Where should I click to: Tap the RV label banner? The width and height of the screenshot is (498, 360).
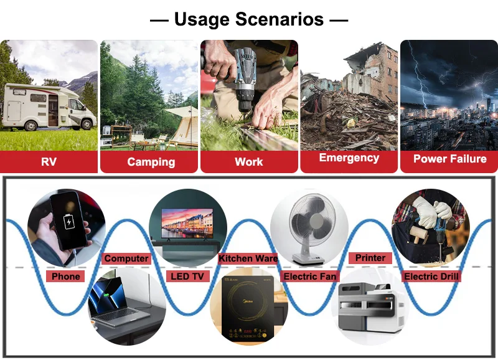pos(49,162)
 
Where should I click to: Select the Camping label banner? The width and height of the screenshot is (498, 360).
pos(149,162)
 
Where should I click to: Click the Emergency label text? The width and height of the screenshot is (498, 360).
pos(349,158)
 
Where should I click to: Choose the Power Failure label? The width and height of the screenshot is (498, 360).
pos(449,159)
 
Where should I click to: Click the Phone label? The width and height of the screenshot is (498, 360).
pos(66,277)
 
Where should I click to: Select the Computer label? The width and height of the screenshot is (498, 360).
pos(126,258)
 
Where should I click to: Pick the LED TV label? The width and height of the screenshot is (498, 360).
pos(187,277)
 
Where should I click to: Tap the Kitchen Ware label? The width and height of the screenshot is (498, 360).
pos(248,258)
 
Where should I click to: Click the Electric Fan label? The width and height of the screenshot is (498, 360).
pos(310,277)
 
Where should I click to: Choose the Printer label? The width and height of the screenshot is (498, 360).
pos(370,258)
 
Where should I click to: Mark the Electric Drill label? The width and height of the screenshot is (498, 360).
pos(431,277)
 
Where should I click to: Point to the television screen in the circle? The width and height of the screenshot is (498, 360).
pos(187,223)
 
